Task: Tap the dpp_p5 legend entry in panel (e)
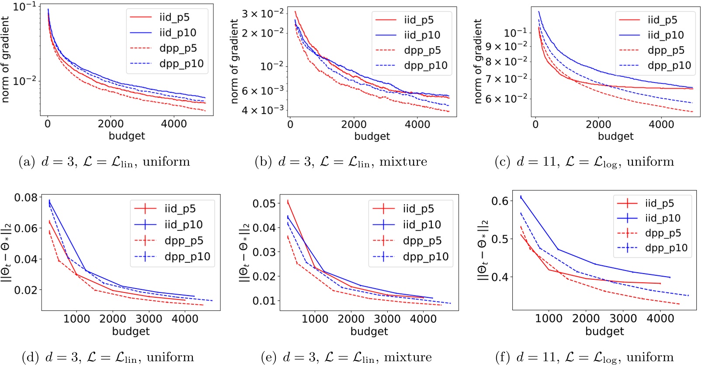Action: (x=422, y=241)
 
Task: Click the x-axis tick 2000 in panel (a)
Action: (x=111, y=124)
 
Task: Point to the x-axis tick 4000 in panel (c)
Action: (x=661, y=125)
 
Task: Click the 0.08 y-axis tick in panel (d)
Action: (x=26, y=198)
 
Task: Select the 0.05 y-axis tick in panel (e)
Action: (x=264, y=204)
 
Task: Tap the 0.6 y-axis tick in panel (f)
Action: (x=500, y=201)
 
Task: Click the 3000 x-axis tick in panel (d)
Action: (x=149, y=319)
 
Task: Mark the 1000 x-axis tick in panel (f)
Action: (x=549, y=319)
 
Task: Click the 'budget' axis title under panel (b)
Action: (x=372, y=136)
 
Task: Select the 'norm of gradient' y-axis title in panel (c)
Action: (x=478, y=61)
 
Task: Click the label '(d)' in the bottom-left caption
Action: (x=30, y=357)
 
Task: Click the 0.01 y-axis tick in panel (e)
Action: (x=264, y=301)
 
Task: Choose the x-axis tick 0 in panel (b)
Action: (x=290, y=125)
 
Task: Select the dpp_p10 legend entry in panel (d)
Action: (x=187, y=257)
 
